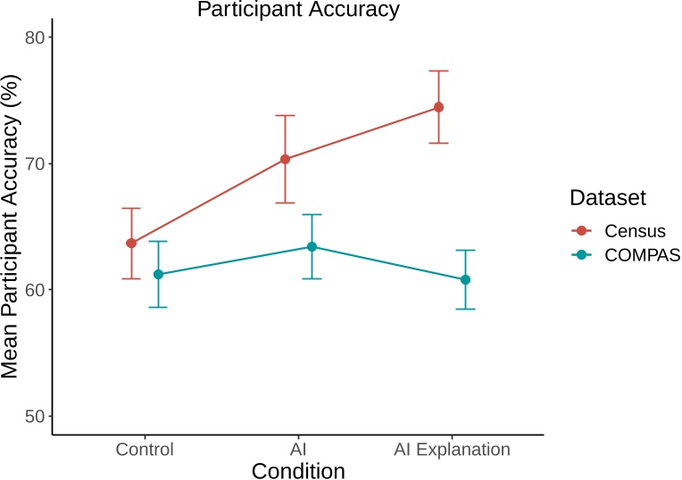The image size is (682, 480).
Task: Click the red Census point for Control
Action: (x=131, y=243)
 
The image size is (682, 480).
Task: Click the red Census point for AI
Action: (x=285, y=160)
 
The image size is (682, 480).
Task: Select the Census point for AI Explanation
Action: (x=438, y=107)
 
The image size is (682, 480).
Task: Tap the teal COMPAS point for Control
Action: (x=158, y=274)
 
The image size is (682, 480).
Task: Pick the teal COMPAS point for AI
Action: (x=312, y=246)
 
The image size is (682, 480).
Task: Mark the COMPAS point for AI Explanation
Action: (x=465, y=279)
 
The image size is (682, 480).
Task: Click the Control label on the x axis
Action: (x=145, y=449)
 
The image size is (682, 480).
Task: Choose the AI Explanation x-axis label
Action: (x=452, y=449)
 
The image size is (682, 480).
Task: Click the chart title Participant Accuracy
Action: (x=298, y=10)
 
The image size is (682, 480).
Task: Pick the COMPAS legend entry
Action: (x=642, y=254)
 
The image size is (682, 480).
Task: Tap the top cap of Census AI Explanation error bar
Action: (x=438, y=70)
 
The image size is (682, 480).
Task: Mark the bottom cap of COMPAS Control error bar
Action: (x=158, y=307)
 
